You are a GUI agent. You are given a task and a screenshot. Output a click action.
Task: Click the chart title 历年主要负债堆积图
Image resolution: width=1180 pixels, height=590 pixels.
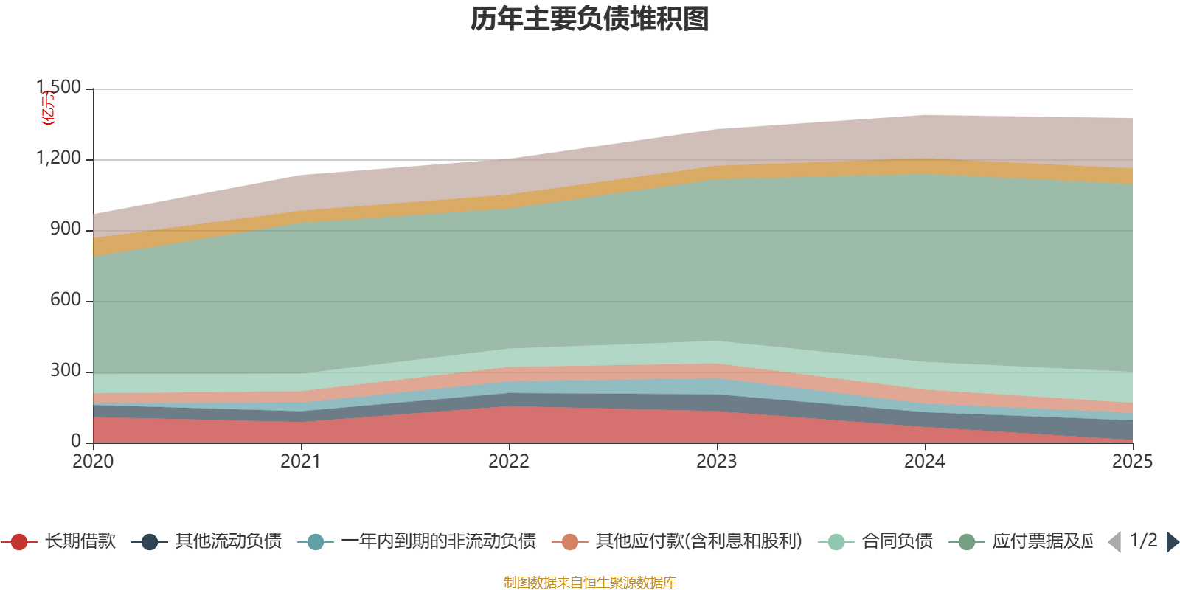[x=590, y=20]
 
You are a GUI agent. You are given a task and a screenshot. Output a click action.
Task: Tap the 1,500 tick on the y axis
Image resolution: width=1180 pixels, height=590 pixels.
[x=59, y=88]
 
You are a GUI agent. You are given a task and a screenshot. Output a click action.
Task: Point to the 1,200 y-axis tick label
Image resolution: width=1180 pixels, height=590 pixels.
[x=59, y=159]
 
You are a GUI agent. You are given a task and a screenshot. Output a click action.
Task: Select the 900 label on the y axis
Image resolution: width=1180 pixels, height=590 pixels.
[x=66, y=229]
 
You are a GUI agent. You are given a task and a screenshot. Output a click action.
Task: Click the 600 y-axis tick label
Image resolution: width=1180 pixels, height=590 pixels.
[x=66, y=300]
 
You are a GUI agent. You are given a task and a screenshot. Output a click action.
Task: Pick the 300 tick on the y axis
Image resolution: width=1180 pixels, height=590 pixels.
[x=66, y=371]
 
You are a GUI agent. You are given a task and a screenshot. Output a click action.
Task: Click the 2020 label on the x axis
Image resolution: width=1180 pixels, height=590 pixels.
[x=93, y=462]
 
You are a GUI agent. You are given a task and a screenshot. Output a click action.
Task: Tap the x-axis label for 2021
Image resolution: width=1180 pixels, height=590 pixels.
[x=301, y=462]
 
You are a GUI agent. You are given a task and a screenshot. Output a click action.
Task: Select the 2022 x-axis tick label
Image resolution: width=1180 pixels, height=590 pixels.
[x=509, y=462]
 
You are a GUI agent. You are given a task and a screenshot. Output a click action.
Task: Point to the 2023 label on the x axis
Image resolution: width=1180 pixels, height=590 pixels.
[x=717, y=462]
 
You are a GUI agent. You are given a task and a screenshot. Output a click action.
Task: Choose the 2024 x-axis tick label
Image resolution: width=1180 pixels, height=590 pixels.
[x=925, y=462]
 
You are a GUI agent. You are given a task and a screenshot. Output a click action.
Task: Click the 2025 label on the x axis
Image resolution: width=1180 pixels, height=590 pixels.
[x=1132, y=462]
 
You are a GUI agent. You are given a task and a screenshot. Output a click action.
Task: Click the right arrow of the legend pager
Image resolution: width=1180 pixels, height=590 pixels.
[x=1172, y=542]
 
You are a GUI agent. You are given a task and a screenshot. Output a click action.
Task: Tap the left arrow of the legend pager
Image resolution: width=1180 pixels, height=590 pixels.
[x=1114, y=542]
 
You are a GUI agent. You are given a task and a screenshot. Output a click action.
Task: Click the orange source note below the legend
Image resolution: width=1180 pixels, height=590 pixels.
[x=590, y=583]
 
